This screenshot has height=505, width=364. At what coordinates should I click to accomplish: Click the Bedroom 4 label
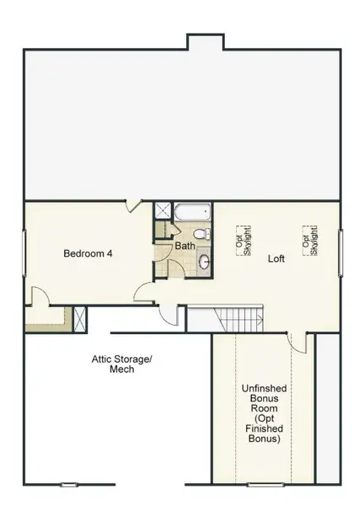click(x=88, y=252)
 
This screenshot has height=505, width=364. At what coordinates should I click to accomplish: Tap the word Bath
click(x=185, y=246)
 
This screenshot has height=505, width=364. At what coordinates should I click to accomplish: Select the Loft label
click(x=275, y=258)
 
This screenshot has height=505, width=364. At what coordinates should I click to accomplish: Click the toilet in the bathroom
click(x=200, y=232)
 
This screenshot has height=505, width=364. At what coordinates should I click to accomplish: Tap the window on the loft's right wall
click(x=340, y=252)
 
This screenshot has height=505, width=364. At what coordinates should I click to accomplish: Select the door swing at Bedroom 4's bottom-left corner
click(x=39, y=296)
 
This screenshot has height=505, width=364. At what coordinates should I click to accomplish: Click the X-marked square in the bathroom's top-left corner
click(x=161, y=211)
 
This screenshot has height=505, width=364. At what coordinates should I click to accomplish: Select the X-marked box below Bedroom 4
click(x=80, y=318)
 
